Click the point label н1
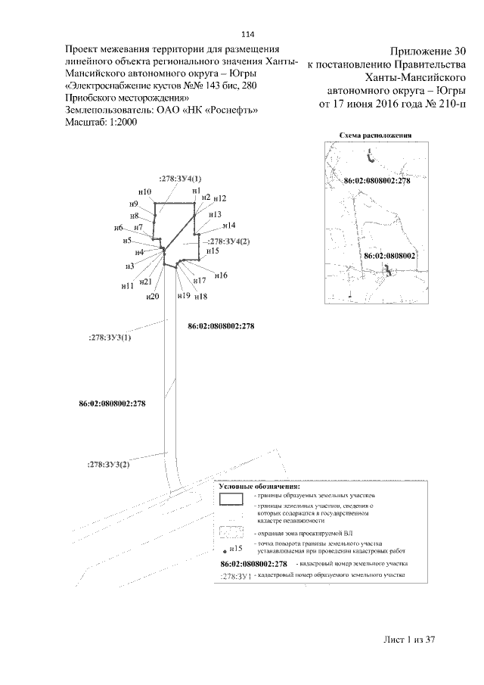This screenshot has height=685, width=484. point(196,191)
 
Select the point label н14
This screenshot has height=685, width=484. point(228,226)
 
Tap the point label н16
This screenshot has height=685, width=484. point(221,276)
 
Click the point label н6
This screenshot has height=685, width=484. point(119,229)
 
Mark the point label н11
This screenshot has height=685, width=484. point(128,286)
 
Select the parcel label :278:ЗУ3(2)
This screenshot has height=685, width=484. point(109,464)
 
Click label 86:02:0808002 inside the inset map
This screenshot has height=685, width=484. point(389,257)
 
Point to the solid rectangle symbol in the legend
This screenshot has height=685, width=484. point(231,500)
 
